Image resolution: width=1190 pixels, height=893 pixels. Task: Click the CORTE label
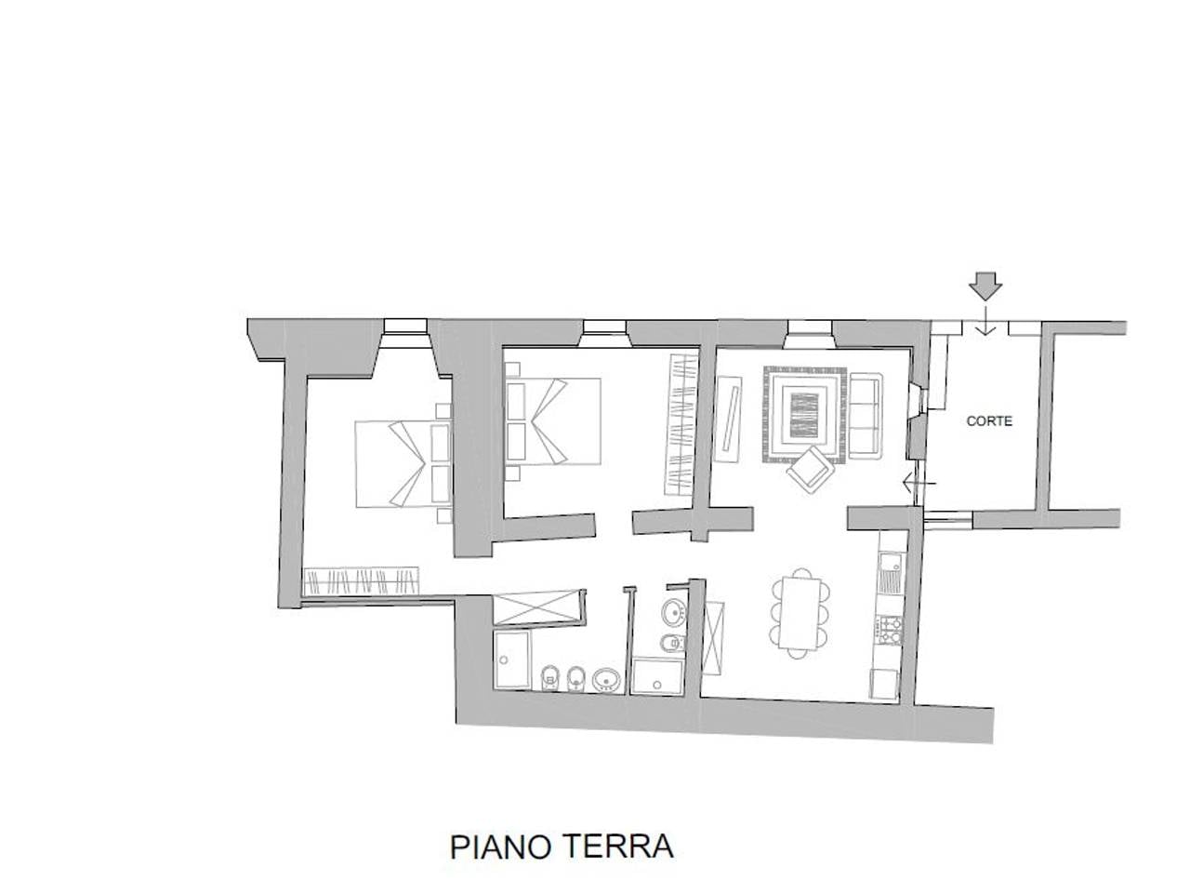tap(989, 420)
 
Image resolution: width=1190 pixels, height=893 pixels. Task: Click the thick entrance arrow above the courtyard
tap(985, 285)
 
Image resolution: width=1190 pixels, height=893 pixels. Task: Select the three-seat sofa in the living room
tap(866, 414)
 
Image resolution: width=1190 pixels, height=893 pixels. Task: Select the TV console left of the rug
tap(728, 418)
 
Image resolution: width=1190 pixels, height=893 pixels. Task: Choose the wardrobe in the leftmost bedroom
tap(362, 582)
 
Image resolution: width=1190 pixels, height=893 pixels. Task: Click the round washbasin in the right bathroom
tap(672, 612)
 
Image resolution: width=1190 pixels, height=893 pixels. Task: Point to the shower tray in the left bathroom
tap(511, 660)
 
